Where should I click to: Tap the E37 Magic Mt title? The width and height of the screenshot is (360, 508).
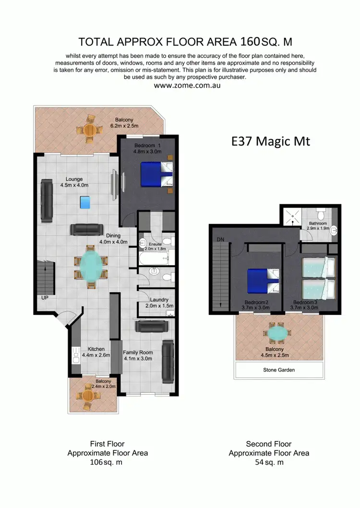[271, 141]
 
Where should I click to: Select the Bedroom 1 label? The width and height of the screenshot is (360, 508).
[147, 145]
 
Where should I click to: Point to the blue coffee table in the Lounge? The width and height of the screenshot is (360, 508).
[85, 203]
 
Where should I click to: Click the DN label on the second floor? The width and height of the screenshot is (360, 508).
[220, 239]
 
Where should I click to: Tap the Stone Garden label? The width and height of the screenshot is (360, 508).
[278, 370]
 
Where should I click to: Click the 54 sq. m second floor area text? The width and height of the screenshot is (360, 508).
[269, 462]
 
